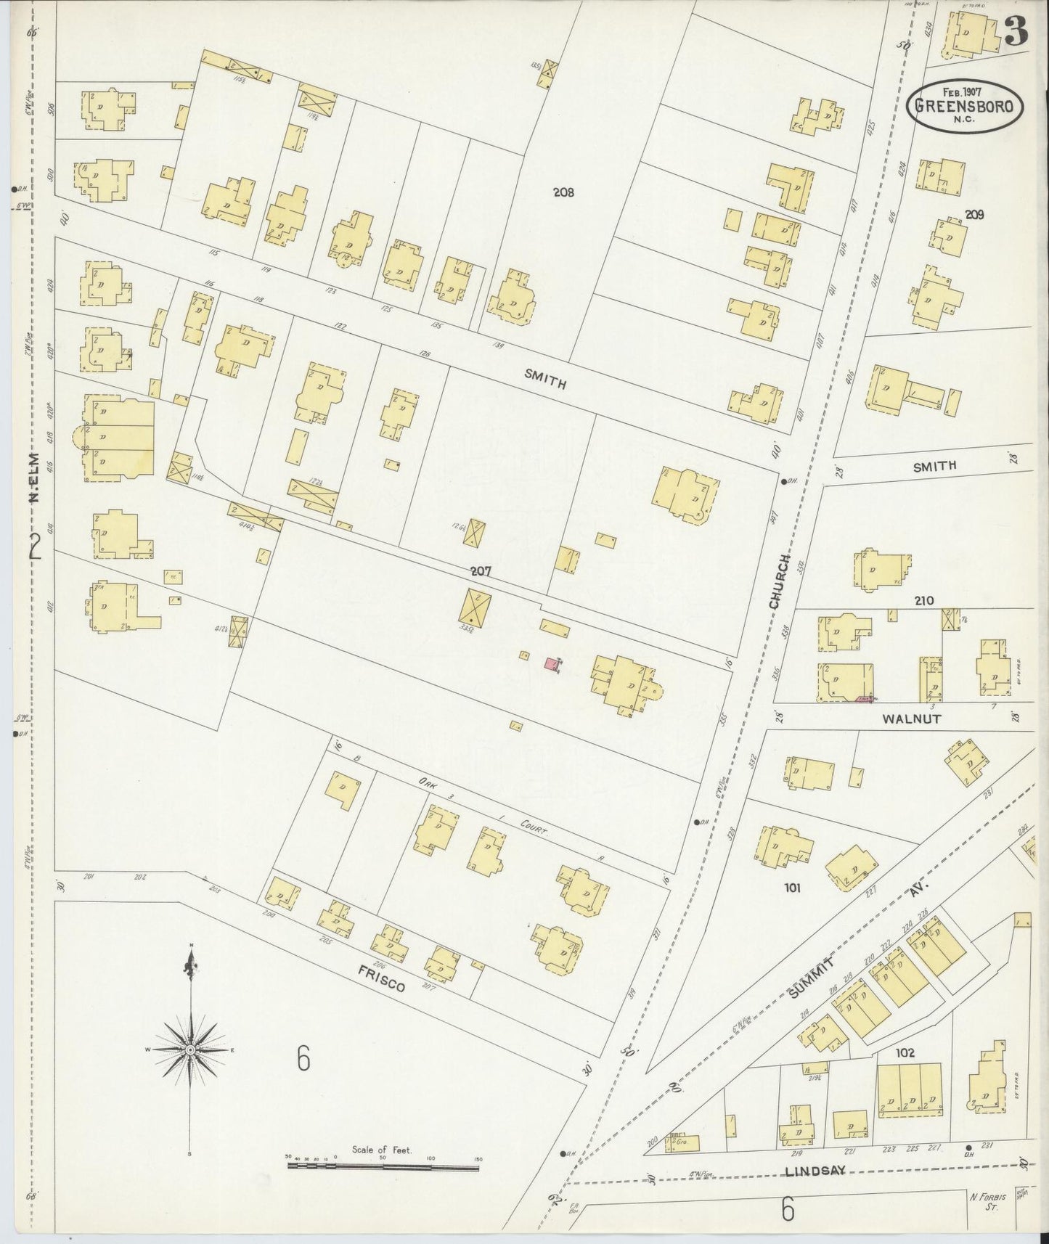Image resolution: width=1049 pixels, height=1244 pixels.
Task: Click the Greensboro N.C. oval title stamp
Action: [965, 104]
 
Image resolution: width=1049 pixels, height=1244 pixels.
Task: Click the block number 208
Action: [563, 192]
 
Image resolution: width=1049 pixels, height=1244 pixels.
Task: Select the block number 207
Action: [481, 571]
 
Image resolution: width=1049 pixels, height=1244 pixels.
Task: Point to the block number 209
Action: [974, 214]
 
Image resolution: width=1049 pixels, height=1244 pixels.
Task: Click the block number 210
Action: [924, 600]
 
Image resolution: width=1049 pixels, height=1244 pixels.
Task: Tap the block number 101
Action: [791, 887]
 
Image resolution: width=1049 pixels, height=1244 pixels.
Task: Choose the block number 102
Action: [905, 1053]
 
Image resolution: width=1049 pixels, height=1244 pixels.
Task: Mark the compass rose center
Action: [190, 1049]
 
